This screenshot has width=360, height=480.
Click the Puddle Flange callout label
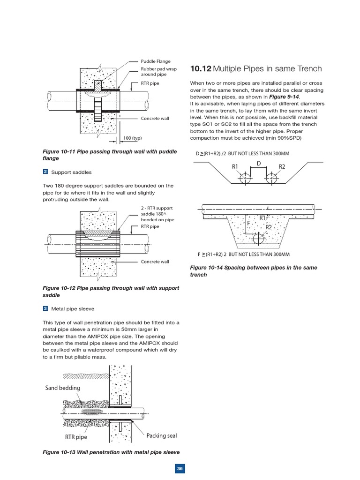[x=156, y=61]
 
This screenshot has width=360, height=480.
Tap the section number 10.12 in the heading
[x=200, y=69]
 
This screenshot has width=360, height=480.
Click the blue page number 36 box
[x=180, y=469]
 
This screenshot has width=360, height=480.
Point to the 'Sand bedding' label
[x=63, y=388]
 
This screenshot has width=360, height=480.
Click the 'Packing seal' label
[x=161, y=435]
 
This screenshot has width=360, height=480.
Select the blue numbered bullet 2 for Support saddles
[x=45, y=172]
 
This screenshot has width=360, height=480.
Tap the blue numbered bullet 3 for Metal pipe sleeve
[x=45, y=308]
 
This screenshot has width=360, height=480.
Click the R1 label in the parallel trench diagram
[x=235, y=166]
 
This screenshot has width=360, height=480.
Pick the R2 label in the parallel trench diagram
[x=282, y=166]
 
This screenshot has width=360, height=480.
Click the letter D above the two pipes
[x=258, y=163]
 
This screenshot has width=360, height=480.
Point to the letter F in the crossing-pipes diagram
[x=248, y=224]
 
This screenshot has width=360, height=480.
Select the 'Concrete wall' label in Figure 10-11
[x=155, y=118]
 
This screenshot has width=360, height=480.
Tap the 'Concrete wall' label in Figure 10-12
[x=155, y=262]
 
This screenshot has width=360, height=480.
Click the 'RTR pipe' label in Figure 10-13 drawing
[x=76, y=437]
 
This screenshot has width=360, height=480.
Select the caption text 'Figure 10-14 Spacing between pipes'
[x=253, y=268]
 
